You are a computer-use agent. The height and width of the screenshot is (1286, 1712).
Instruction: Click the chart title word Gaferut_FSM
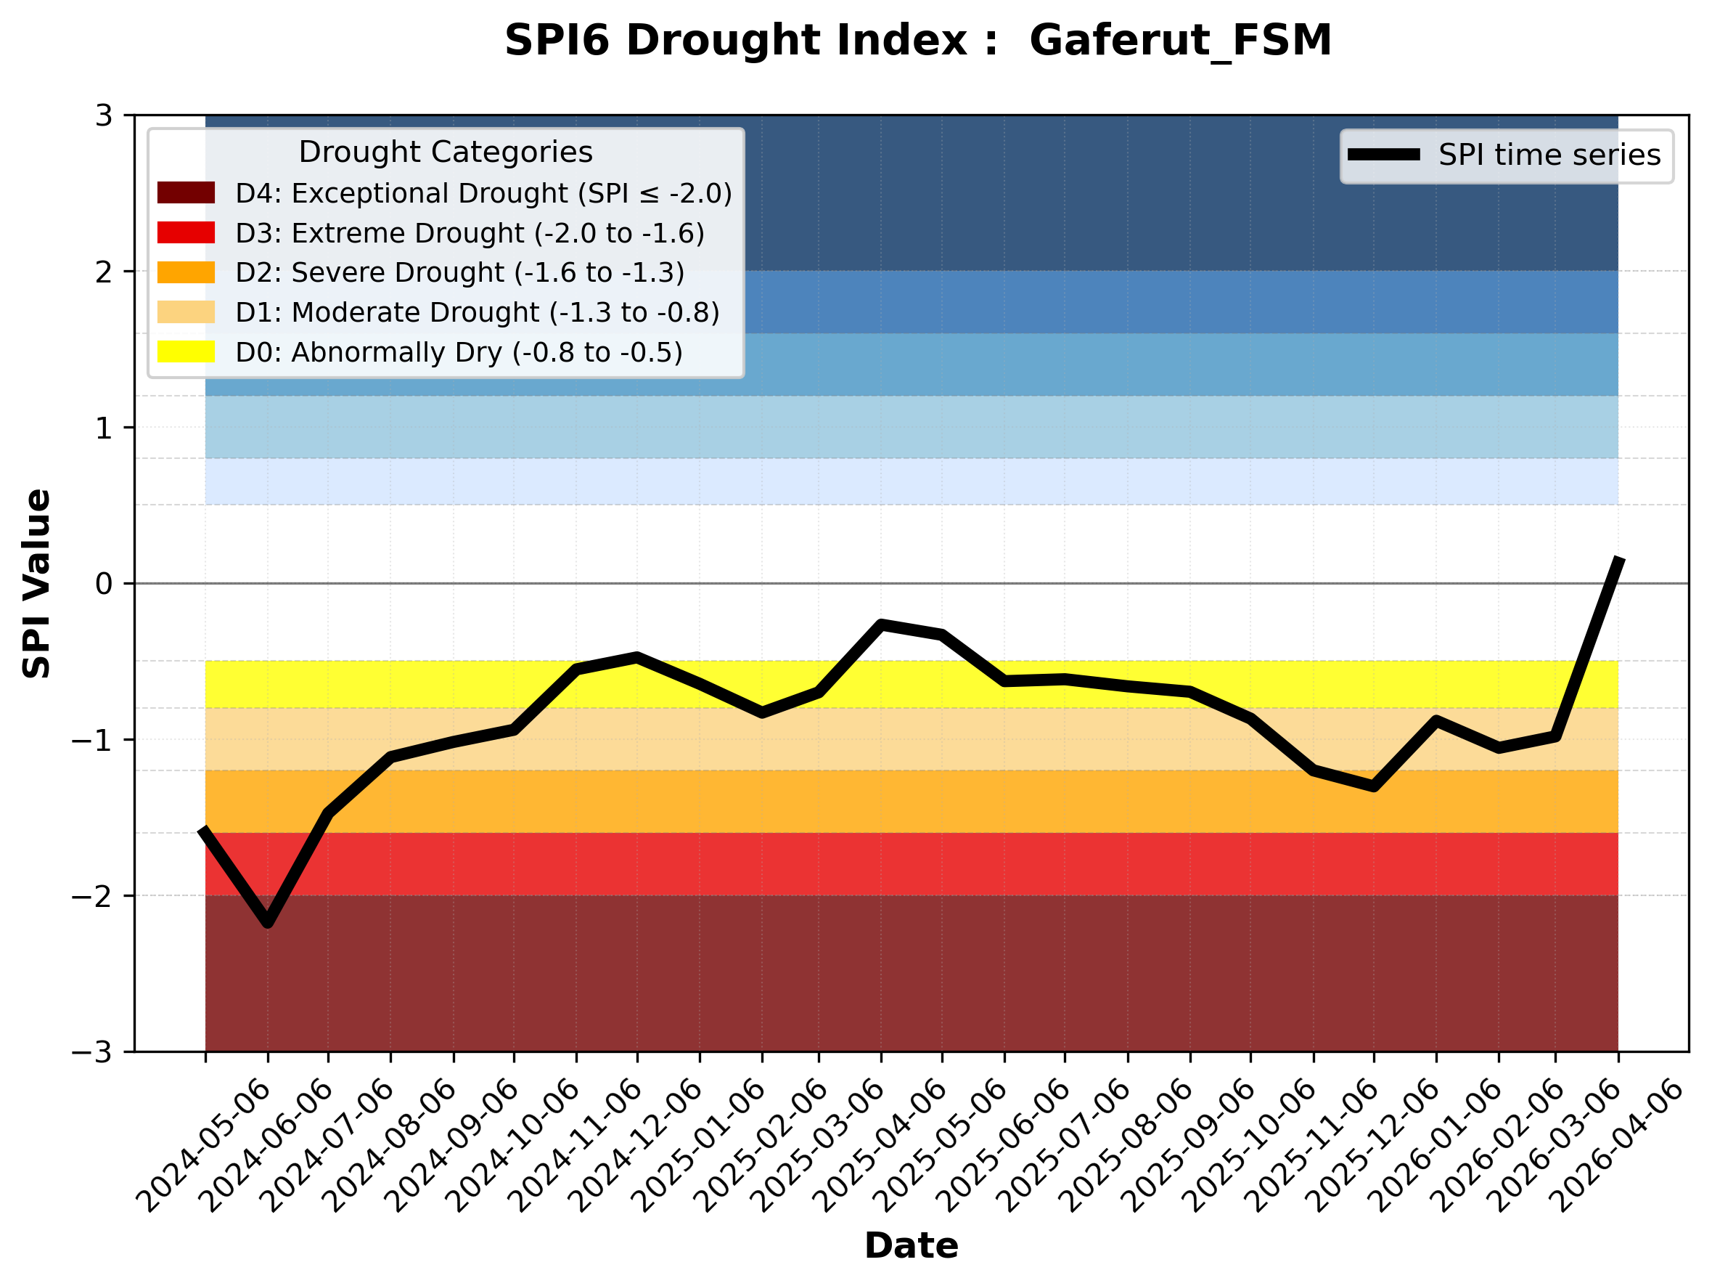click(x=1180, y=40)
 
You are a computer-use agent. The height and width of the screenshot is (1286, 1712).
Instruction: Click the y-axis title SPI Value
click(x=36, y=584)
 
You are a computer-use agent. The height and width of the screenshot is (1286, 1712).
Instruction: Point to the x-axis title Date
click(x=911, y=1246)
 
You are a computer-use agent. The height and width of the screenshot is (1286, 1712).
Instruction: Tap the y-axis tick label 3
click(x=104, y=116)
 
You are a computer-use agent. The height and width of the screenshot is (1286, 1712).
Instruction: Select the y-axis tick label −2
click(x=92, y=897)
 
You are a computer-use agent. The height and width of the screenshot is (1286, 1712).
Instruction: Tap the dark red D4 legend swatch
click(x=186, y=192)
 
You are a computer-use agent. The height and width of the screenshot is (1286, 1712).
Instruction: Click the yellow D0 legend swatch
click(x=186, y=351)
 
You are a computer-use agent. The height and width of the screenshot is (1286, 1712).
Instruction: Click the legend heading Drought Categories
click(x=445, y=152)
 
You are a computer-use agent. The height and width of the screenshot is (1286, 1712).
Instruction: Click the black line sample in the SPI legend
click(x=1384, y=155)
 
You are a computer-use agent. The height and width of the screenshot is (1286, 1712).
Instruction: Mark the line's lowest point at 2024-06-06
click(x=268, y=924)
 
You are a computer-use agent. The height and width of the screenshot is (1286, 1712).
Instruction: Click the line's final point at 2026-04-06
click(x=1618, y=559)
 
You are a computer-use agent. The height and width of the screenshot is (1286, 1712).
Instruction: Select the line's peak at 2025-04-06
click(x=881, y=624)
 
